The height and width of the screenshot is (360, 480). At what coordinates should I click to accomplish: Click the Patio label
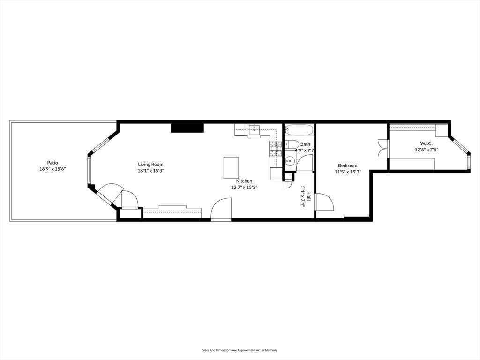point(52,163)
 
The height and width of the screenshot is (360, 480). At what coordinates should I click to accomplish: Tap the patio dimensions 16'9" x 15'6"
point(52,169)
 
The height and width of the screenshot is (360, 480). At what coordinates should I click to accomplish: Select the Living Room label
point(150,165)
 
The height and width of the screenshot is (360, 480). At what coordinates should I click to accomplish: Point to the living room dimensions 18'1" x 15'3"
point(151,171)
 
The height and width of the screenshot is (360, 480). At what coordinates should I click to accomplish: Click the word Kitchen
point(244,181)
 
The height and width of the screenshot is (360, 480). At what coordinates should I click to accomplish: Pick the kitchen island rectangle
point(231,167)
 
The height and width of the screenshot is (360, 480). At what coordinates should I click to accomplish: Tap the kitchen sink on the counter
point(254,130)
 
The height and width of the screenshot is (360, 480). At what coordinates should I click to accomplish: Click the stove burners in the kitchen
point(276,149)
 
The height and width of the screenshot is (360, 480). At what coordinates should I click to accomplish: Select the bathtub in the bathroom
point(299,130)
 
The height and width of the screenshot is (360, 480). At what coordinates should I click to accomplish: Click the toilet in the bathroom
point(291,144)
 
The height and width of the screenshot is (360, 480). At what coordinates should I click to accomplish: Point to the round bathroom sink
point(289,160)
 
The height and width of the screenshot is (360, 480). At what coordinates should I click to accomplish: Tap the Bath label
point(305,144)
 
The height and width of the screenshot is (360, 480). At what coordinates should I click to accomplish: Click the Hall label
point(309,196)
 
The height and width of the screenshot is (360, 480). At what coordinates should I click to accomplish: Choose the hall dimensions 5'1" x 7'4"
point(303,196)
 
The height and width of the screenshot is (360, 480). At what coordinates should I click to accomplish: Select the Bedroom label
point(347,165)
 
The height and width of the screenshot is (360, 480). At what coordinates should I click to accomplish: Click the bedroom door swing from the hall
point(324,202)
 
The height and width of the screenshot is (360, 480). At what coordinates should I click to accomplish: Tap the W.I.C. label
point(427,143)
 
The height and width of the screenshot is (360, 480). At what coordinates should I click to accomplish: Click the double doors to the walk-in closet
point(382,149)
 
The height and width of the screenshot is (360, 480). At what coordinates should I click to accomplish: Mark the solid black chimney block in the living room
point(187,127)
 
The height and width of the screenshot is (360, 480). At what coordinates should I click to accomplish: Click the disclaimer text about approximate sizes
point(240,350)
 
